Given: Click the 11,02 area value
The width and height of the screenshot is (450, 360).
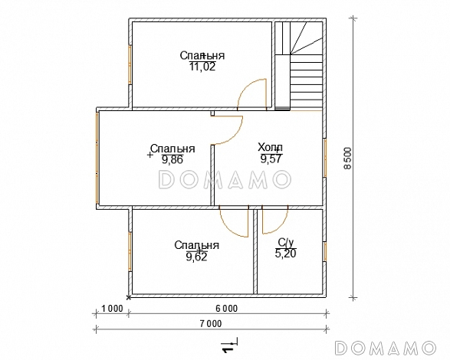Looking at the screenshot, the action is click(202, 67).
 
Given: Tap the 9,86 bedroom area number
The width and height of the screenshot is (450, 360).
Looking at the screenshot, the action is click(172, 159).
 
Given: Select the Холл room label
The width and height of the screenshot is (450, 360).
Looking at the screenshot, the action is click(270, 148).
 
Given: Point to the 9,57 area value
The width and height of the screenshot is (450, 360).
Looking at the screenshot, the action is click(271, 159).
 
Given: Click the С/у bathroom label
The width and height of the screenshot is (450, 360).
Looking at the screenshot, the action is click(285, 243).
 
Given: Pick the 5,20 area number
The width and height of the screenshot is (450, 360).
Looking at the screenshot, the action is click(285, 254).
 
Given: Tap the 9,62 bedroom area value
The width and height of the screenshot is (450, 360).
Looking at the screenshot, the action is click(196, 257).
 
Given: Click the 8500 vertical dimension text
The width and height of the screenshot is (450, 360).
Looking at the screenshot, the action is click(347, 159).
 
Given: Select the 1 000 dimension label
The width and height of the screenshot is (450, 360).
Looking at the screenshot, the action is click(112, 309).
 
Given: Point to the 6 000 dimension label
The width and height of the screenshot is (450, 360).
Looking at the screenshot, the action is click(227, 309).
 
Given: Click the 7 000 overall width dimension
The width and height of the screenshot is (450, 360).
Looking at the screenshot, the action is click(211, 323).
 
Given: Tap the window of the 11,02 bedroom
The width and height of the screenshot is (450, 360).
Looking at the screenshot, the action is click(130, 64).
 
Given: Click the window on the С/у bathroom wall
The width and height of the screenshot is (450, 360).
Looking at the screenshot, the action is click(325, 251).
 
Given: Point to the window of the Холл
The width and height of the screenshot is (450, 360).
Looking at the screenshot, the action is click(325, 158).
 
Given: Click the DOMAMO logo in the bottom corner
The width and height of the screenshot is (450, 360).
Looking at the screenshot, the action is click(385, 348).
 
